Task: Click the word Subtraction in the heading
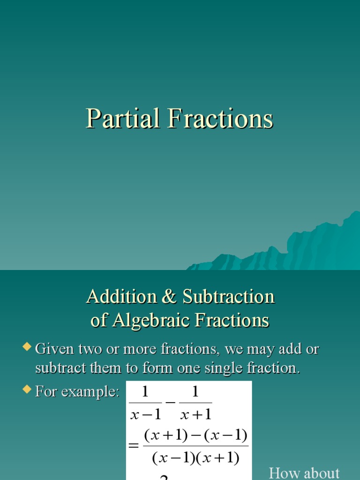[228, 297]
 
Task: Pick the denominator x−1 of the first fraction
[145, 414]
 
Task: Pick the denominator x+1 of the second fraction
[196, 414]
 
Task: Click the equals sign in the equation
[134, 446]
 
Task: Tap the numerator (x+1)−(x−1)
[195, 435]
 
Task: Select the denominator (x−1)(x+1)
[195, 458]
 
